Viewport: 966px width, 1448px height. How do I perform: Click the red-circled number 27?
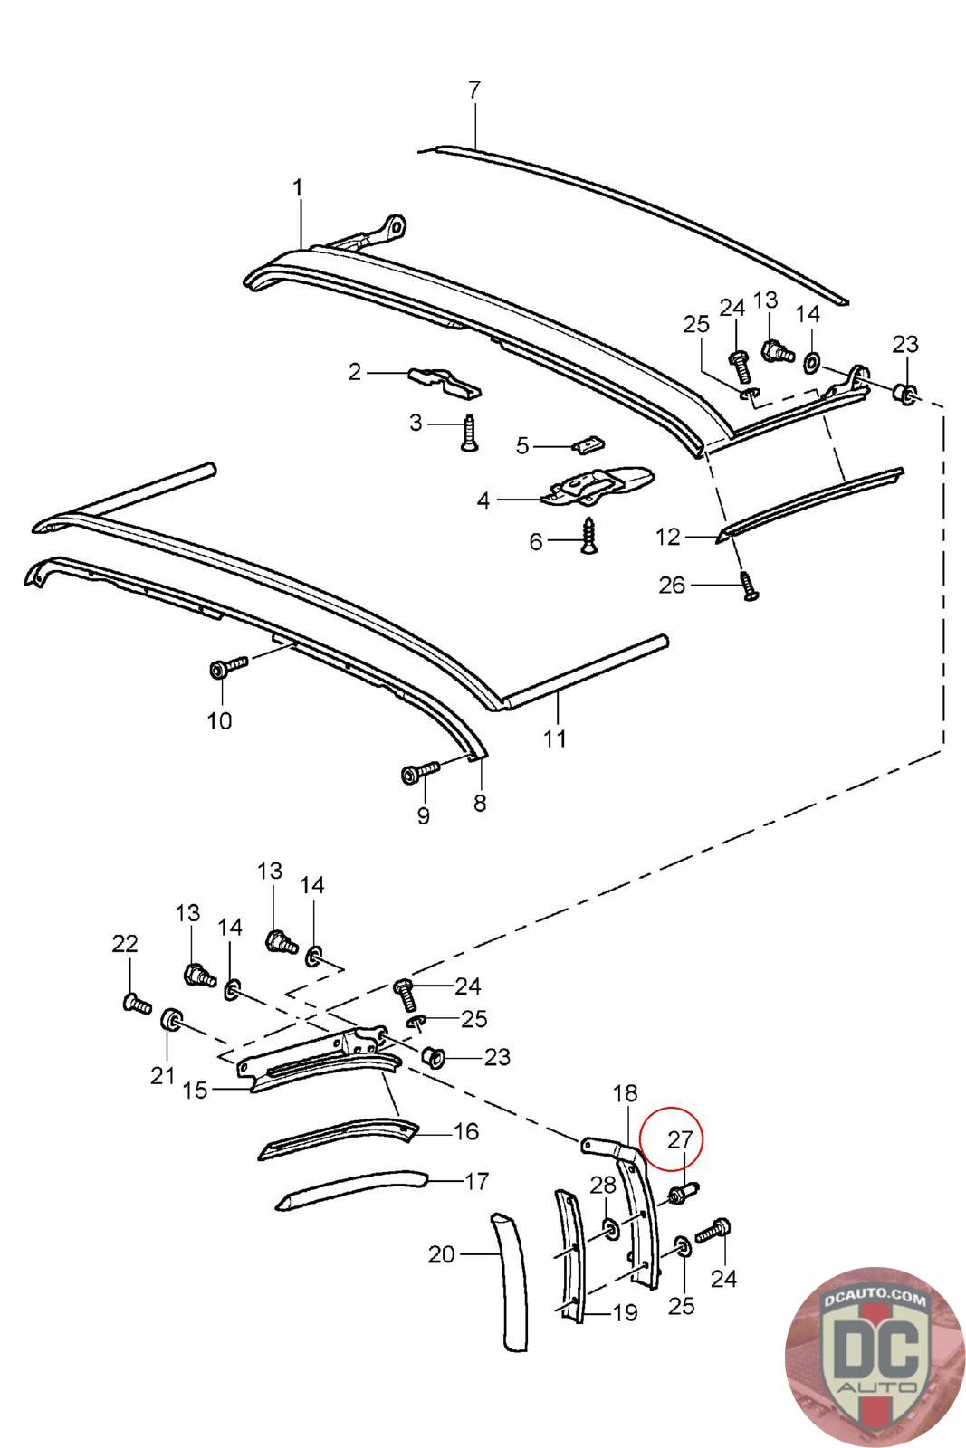pos(679,1139)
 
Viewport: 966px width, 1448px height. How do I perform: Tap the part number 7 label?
pos(473,90)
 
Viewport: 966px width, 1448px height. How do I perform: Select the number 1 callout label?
pos(298,188)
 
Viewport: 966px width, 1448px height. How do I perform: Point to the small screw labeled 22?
pos(134,1002)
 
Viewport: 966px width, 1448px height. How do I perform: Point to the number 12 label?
pos(667,537)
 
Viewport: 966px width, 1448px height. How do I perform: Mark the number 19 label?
pos(625,1313)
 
